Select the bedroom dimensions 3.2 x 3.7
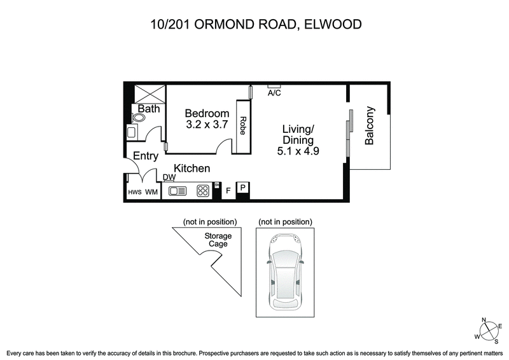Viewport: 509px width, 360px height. [207, 125]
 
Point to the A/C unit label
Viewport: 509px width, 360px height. [274, 93]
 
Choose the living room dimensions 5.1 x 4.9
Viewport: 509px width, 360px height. [298, 151]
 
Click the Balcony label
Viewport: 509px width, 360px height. [370, 126]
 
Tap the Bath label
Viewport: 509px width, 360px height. [149, 109]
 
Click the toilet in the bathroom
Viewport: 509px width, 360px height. [139, 118]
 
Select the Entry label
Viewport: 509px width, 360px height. [145, 156]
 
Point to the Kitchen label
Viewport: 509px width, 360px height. [192, 168]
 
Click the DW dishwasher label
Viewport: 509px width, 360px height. [169, 177]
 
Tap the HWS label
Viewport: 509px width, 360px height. [135, 191]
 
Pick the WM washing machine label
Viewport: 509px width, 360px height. [151, 191]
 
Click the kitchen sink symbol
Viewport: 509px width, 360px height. [176, 190]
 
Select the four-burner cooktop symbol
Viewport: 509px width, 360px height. [203, 190]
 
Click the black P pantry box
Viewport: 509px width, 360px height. [242, 187]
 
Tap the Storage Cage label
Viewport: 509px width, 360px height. [218, 240]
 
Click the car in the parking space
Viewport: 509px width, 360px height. [285, 272]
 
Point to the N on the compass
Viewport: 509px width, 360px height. [484, 321]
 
